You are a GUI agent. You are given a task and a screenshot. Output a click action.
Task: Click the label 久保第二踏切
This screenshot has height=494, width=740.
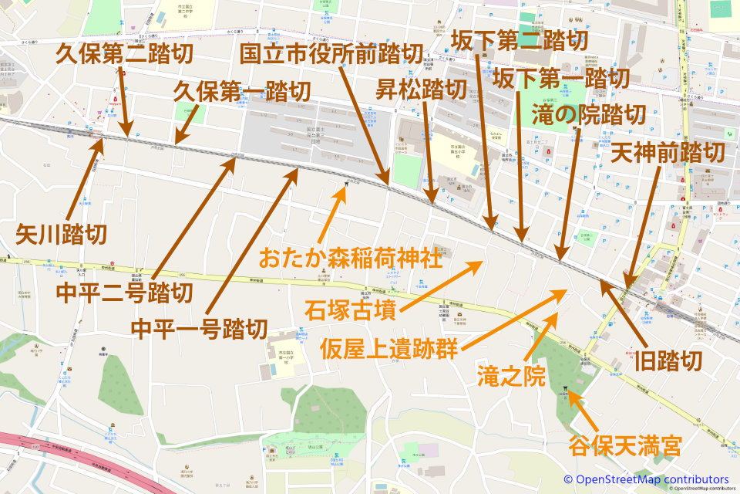coord(124,55)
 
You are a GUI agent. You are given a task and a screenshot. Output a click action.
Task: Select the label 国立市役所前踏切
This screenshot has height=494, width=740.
coord(331,53)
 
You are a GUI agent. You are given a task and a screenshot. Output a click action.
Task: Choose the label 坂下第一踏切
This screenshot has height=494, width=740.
coord(561,78)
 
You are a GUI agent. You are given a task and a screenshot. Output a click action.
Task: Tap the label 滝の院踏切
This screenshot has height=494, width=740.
coord(589,115)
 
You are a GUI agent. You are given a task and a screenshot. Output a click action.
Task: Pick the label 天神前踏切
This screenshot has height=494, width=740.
coord(668,152)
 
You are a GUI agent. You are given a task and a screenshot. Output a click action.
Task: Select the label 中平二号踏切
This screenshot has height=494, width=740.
coord(125,293)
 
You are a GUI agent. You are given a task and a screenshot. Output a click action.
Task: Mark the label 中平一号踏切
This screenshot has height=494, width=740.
coord(199,330)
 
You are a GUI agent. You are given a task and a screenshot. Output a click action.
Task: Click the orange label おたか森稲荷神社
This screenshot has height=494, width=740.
coord(351,257)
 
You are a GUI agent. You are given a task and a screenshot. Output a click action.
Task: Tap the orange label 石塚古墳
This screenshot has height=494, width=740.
coord(351,313)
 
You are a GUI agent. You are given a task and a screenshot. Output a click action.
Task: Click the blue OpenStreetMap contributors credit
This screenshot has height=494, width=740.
coord(646,480)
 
